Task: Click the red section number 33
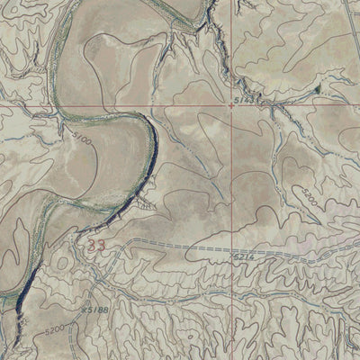click(93, 244)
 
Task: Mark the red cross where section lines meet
click(233, 104)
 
